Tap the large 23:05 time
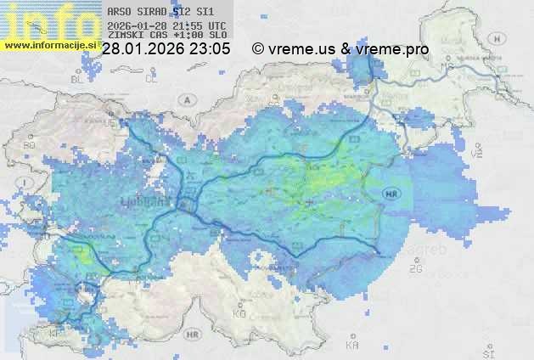tap(209, 49)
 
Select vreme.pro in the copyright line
tap(393, 49)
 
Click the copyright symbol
tap(258, 49)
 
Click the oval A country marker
tap(186, 99)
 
